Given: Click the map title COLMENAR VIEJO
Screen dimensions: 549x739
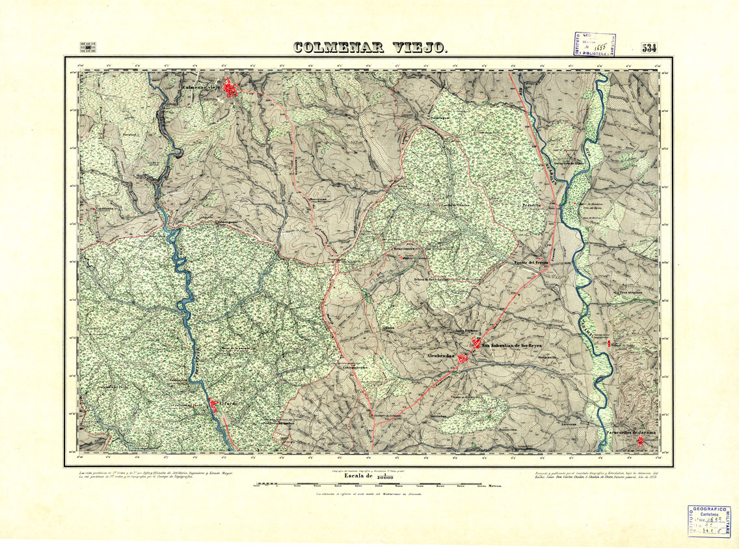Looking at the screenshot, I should point(369,48).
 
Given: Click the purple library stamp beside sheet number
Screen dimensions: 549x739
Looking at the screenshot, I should point(593,48).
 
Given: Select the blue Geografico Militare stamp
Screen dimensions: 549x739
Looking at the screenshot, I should point(708,522).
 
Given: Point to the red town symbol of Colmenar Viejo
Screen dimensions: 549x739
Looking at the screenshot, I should point(230,88).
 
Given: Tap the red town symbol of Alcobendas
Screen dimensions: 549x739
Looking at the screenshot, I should point(464,358).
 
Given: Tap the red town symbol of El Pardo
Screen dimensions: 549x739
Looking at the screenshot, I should point(214,406).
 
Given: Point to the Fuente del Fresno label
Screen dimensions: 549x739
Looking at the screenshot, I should point(531,262).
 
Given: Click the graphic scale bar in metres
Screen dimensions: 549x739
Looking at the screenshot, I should point(377,485).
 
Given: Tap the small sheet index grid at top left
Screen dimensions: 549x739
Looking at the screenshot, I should point(87,48).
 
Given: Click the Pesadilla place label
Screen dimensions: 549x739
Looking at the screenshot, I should point(531,204).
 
